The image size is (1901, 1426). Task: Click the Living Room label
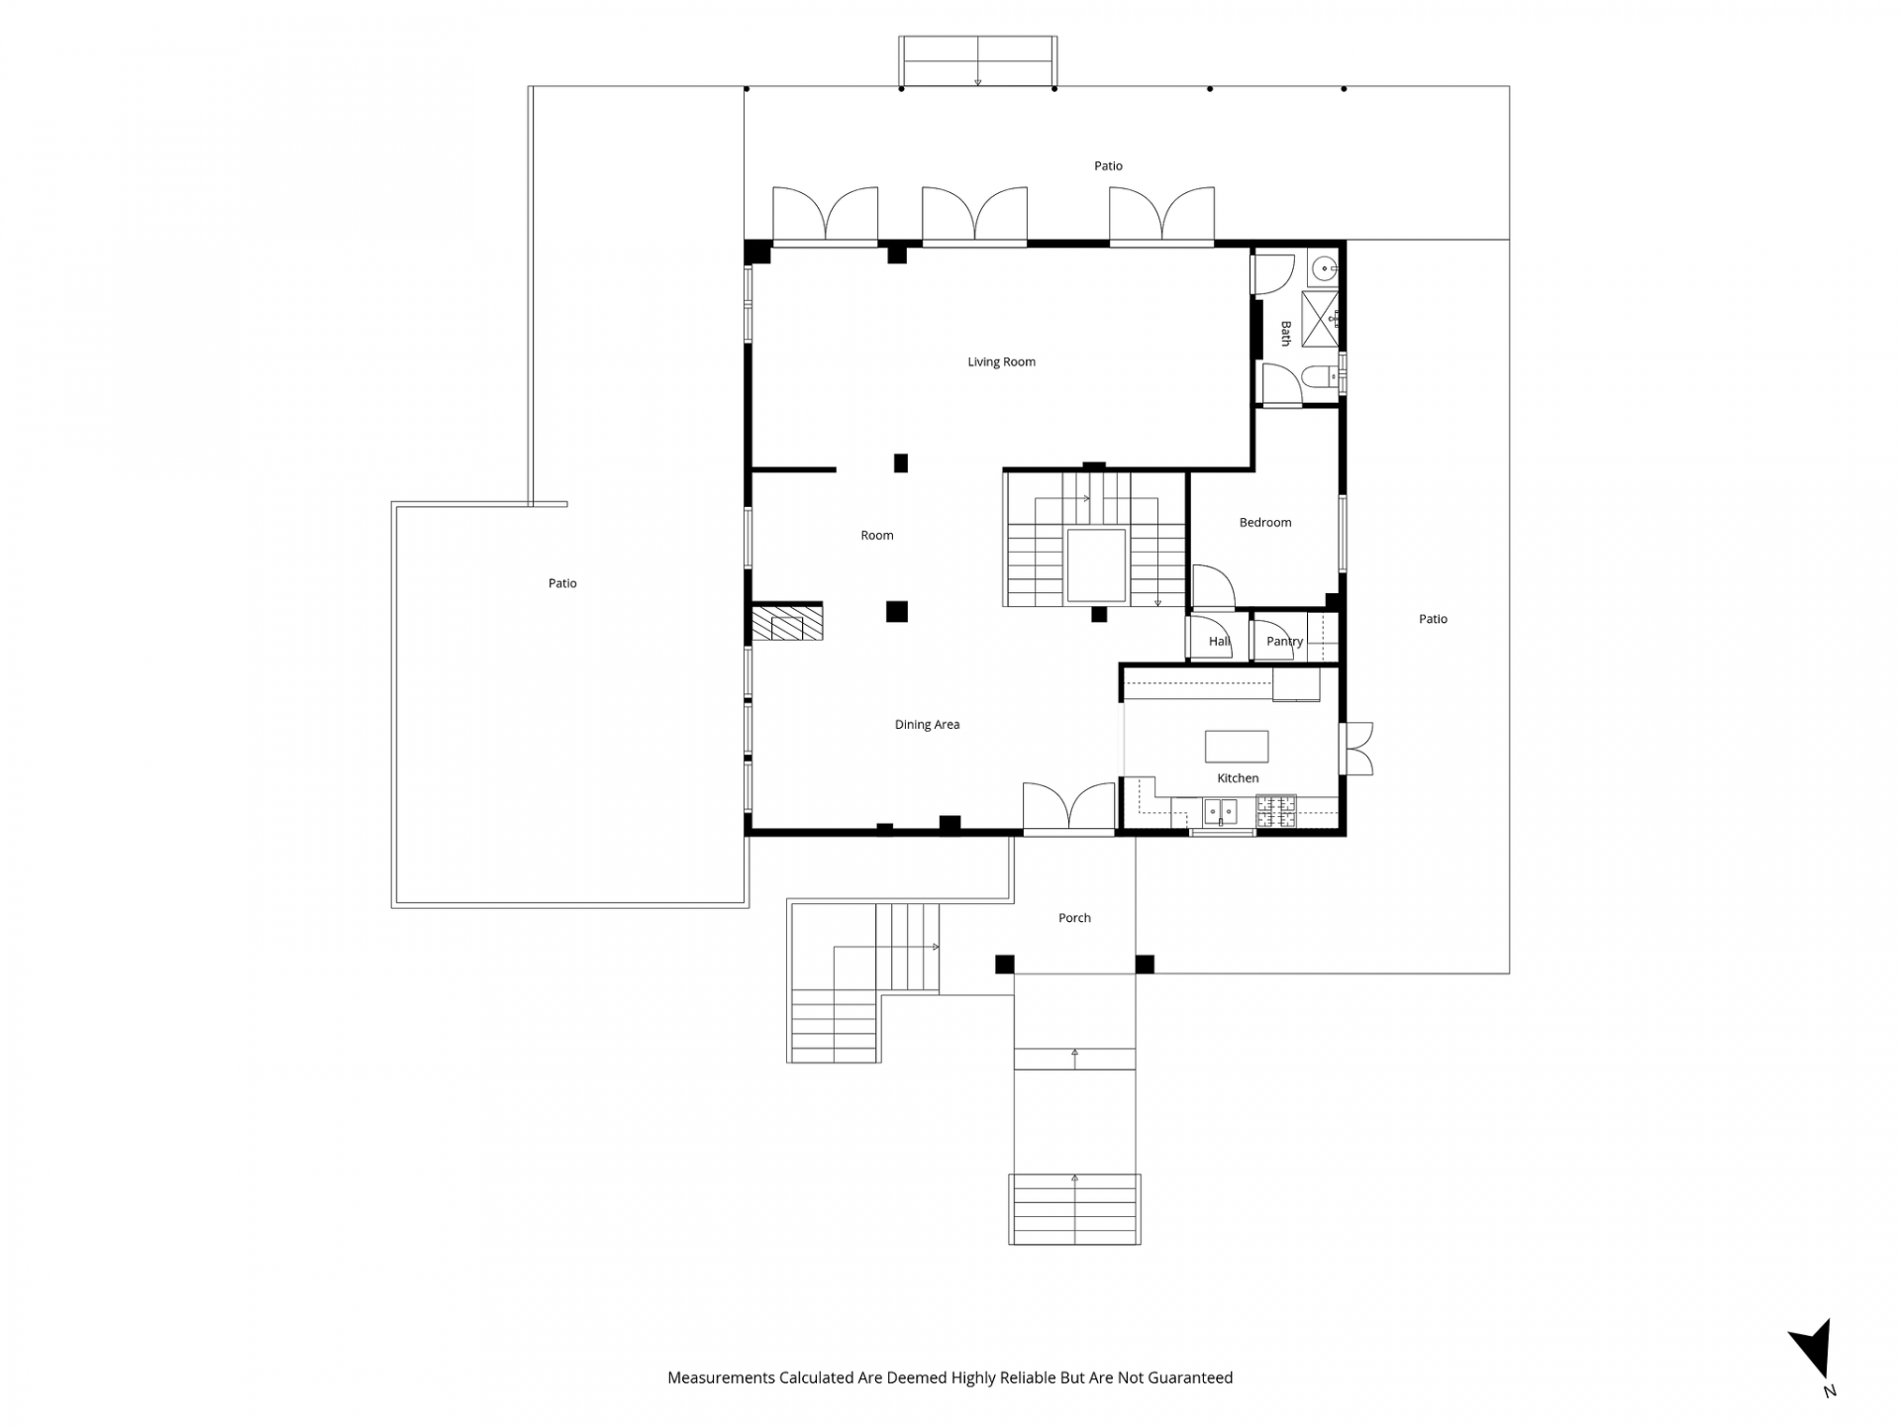1001,362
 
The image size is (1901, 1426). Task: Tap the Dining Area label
927,725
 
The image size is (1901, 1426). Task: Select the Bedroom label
1265,523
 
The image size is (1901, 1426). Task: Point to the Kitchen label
1238,778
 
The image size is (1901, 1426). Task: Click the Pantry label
1284,642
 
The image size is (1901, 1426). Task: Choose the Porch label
1074,918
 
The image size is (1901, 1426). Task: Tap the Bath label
1286,333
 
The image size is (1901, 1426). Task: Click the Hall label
1219,642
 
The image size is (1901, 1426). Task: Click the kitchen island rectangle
1237,746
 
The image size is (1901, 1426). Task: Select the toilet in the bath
1321,377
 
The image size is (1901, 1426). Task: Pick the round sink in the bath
1325,266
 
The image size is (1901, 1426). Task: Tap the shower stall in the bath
1320,319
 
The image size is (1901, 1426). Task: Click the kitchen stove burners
1276,811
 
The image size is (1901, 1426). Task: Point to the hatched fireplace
787,623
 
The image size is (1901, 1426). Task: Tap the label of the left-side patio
562,583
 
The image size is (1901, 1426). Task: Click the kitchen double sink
1220,812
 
